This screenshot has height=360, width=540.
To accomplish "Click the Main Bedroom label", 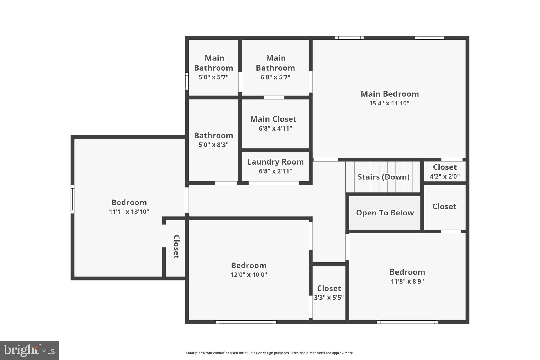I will pyautogui.click(x=390, y=94).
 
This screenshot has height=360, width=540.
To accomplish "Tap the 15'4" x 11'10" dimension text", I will pyautogui.click(x=389, y=103).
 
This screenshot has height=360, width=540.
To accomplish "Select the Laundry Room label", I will pyautogui.click(x=275, y=162).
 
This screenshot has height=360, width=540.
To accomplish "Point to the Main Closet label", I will pyautogui.click(x=273, y=119).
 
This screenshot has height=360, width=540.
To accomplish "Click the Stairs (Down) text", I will pyautogui.click(x=383, y=177).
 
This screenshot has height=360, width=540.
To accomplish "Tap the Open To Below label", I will pyautogui.click(x=385, y=213).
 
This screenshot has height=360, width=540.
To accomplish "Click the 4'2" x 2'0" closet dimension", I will pyautogui.click(x=445, y=176).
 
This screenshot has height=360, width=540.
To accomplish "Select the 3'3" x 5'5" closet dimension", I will pyautogui.click(x=329, y=298).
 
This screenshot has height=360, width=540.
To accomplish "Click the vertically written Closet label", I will pyautogui.click(x=176, y=247).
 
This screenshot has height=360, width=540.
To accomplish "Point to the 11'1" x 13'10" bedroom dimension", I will pyautogui.click(x=129, y=212).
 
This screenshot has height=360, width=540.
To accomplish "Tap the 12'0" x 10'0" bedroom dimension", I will pyautogui.click(x=249, y=275).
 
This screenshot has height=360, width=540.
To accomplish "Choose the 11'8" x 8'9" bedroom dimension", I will pyautogui.click(x=407, y=281).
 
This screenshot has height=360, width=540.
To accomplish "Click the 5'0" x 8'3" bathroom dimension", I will pyautogui.click(x=213, y=145).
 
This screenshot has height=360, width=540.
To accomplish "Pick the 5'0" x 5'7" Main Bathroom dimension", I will pyautogui.click(x=213, y=77).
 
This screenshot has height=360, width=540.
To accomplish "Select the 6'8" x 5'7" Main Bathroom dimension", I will pyautogui.click(x=275, y=77).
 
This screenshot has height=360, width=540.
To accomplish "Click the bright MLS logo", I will pyautogui.click(x=29, y=350).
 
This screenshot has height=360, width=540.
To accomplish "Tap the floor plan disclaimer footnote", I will pyautogui.click(x=270, y=353).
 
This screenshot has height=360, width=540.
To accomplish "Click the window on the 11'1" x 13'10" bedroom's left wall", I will pyautogui.click(x=72, y=199).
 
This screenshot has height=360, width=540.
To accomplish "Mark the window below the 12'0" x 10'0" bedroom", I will pyautogui.click(x=246, y=322).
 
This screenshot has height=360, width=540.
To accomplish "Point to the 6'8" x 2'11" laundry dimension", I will pyautogui.click(x=275, y=171).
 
